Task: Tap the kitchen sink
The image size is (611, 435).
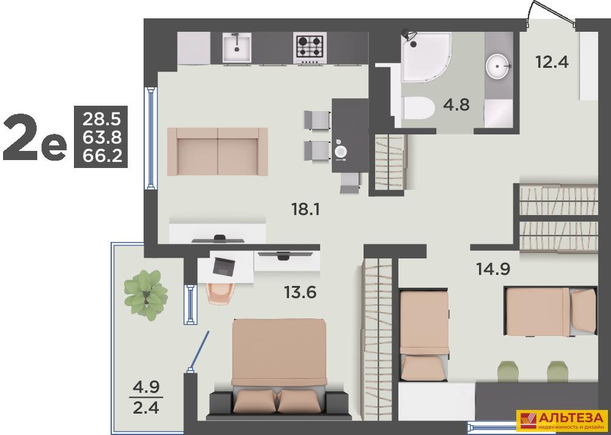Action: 237,47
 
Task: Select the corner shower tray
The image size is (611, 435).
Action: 426,57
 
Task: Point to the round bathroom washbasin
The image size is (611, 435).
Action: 497,67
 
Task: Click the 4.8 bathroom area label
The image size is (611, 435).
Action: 456,105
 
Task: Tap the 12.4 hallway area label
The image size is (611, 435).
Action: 552,62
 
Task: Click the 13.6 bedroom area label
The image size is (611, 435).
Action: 300,292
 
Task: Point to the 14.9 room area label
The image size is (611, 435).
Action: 493,269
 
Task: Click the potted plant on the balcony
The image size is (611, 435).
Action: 146,294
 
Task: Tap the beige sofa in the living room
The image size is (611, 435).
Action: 218,152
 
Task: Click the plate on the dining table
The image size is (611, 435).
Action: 341,150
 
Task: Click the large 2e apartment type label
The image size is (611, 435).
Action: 35,138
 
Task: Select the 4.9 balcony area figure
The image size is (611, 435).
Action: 146,388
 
